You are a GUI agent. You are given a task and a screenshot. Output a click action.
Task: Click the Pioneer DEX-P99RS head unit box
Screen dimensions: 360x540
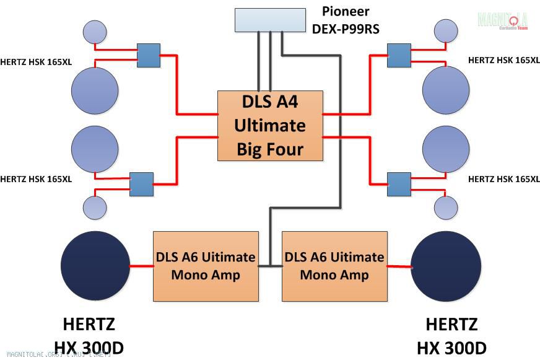pos(270,20)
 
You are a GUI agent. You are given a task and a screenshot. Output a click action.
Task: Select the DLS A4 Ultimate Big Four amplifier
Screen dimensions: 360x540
pos(270,126)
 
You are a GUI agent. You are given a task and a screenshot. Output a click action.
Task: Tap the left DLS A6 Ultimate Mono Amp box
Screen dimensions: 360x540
pos(206,266)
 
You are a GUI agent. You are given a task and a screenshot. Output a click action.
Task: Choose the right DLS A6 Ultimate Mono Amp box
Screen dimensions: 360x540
pos(334,266)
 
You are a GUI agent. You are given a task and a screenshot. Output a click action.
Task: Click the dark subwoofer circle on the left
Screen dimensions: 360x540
pos(95,265)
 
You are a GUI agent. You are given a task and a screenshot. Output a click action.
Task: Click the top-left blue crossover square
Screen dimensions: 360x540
pos(148,55)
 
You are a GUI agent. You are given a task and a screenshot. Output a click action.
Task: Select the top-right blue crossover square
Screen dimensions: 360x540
pos(399,55)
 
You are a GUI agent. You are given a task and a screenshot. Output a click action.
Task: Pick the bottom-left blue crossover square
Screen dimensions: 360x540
pos(141,184)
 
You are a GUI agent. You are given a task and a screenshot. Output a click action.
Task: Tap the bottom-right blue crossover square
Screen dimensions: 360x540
pos(399,184)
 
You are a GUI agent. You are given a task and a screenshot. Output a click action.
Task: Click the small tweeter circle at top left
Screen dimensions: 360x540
pos(95,32)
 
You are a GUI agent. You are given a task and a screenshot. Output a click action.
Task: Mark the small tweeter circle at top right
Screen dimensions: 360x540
pos(446,31)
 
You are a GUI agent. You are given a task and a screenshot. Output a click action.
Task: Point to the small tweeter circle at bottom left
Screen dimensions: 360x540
pos(95,207)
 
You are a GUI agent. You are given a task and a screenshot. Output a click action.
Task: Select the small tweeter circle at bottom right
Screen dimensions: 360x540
pos(446,208)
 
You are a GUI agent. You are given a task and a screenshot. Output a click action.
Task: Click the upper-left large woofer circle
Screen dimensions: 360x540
pos(95,90)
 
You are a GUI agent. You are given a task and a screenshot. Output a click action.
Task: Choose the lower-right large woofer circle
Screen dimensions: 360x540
pos(446,149)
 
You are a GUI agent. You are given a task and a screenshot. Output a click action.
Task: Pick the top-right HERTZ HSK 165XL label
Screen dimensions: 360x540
pos(504,60)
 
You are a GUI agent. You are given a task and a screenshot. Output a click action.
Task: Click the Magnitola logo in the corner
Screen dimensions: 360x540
pos(502,20)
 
